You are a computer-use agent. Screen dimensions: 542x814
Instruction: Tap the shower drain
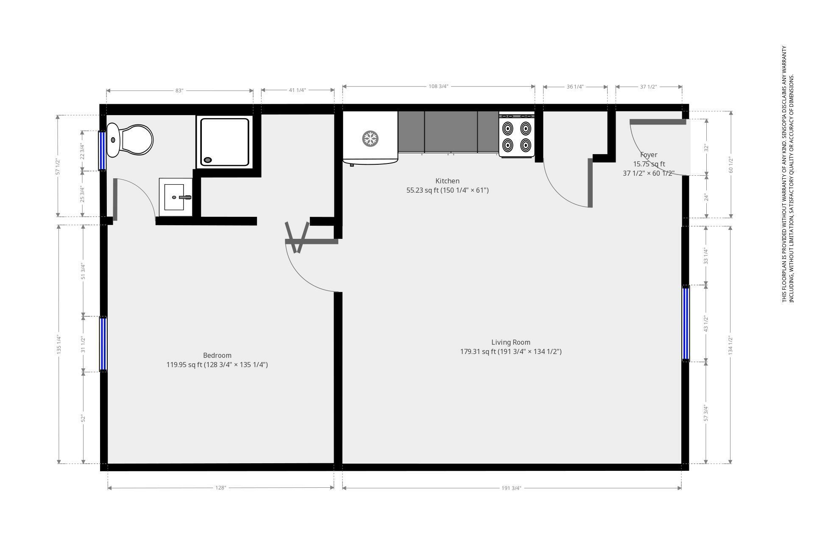click(208, 160)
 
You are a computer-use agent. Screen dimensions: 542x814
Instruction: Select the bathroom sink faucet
click(185, 197)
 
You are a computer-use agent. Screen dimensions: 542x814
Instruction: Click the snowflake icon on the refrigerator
click(370, 139)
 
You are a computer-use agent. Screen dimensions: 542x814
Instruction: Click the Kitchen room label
click(447, 181)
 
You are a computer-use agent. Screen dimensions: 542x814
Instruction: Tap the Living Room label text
click(510, 343)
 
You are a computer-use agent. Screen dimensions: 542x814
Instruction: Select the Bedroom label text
click(217, 356)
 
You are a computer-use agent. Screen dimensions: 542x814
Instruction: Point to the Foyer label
click(649, 155)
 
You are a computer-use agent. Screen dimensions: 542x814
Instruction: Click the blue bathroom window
click(102, 150)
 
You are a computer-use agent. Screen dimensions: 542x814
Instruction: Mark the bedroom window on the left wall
click(103, 344)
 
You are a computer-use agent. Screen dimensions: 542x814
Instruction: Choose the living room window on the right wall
click(686, 324)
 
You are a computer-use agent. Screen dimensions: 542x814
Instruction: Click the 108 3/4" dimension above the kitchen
click(438, 86)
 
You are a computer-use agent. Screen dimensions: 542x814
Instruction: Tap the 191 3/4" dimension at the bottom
click(511, 488)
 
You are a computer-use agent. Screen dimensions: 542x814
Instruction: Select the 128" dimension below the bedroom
click(220, 488)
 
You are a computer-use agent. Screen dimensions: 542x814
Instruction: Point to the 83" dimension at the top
click(179, 91)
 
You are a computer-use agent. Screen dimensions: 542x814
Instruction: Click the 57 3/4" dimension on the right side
click(706, 413)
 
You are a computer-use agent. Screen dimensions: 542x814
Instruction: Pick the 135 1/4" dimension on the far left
click(59, 345)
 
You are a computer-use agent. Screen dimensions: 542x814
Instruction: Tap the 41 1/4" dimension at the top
click(297, 90)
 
